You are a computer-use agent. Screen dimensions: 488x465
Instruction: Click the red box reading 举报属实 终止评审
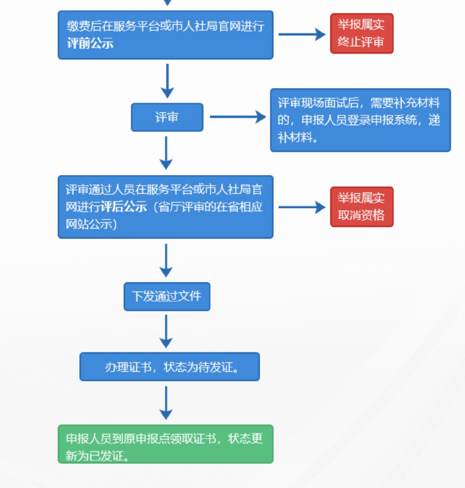[x=362, y=33]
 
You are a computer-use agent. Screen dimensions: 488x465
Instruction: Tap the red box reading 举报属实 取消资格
[x=362, y=207]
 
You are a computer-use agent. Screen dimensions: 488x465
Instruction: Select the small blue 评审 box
[x=167, y=117]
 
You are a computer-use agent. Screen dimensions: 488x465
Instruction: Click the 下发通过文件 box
[x=167, y=296]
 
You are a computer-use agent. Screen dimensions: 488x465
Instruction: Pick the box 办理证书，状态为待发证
[x=169, y=366]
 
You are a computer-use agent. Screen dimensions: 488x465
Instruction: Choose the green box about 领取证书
[x=165, y=444]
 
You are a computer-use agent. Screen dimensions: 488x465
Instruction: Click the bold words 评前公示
[x=90, y=43]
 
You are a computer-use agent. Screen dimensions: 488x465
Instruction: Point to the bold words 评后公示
[x=124, y=207]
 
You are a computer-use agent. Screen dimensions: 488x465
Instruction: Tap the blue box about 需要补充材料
[x=360, y=120]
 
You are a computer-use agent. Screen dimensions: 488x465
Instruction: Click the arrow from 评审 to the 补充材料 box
[x=237, y=117]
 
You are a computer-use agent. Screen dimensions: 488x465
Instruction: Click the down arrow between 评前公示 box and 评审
[x=167, y=81]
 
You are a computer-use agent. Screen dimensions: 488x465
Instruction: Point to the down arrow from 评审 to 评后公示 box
[x=166, y=153]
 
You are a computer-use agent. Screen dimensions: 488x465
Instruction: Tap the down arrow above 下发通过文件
[x=166, y=260]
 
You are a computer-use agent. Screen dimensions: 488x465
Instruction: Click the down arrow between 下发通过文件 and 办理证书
[x=166, y=331]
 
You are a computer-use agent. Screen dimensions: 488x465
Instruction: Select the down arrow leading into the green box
[x=166, y=403]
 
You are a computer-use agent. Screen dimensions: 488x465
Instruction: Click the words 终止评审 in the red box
[x=361, y=42]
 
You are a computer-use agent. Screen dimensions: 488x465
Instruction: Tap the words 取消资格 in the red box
[x=361, y=215]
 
